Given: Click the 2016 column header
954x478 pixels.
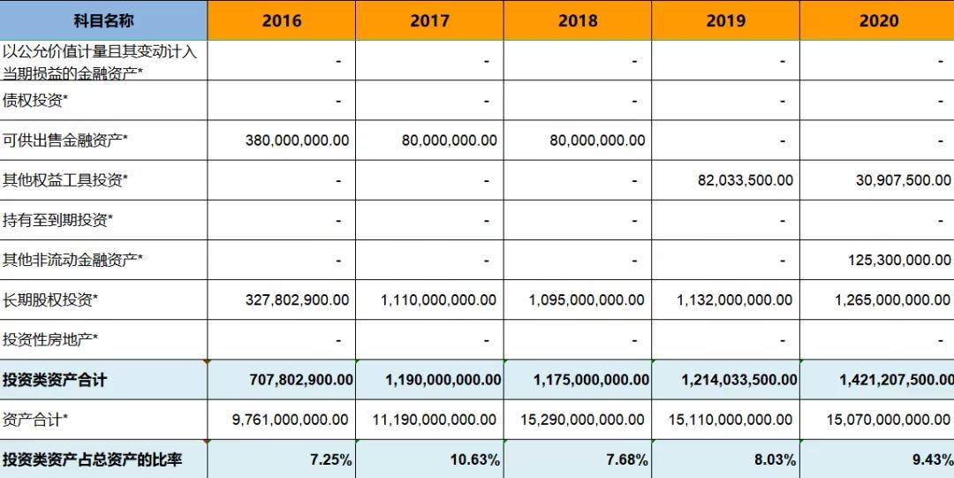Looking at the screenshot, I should [282, 20].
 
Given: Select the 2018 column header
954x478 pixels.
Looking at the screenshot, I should [578, 20].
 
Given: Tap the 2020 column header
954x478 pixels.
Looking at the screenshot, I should [878, 20].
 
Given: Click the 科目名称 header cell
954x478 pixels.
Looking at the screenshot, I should [103, 20].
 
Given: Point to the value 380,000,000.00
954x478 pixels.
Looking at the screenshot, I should [297, 140].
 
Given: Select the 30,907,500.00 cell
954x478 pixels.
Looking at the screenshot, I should [897, 180].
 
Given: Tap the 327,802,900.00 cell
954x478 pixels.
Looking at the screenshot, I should [297, 300].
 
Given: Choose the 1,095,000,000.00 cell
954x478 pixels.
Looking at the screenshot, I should [587, 300].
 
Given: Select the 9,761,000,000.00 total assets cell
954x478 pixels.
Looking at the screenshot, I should [291, 420].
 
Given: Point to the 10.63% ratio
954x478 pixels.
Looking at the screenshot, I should [480, 460].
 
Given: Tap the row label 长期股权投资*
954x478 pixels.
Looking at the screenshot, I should [50, 300].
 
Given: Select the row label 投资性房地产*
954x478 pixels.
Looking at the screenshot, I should [50, 339].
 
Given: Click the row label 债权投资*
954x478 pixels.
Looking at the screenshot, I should [35, 101].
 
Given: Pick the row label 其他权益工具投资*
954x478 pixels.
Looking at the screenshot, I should [65, 180].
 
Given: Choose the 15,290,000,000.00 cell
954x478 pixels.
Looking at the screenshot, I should [587, 420].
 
